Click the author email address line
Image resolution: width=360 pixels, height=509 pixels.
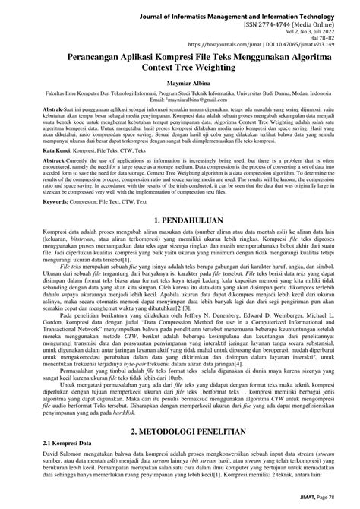(181, 99)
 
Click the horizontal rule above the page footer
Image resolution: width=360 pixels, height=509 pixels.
(181, 489)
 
